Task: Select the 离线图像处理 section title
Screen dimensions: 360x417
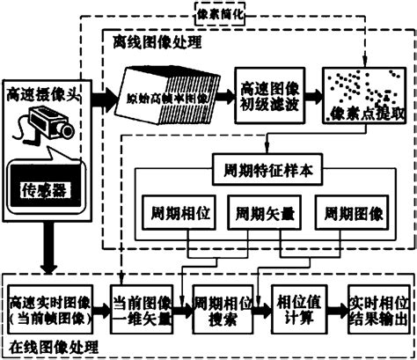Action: coord(156,41)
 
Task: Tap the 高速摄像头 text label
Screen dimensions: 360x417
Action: coord(44,92)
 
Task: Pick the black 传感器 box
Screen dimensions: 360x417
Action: coord(44,187)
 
